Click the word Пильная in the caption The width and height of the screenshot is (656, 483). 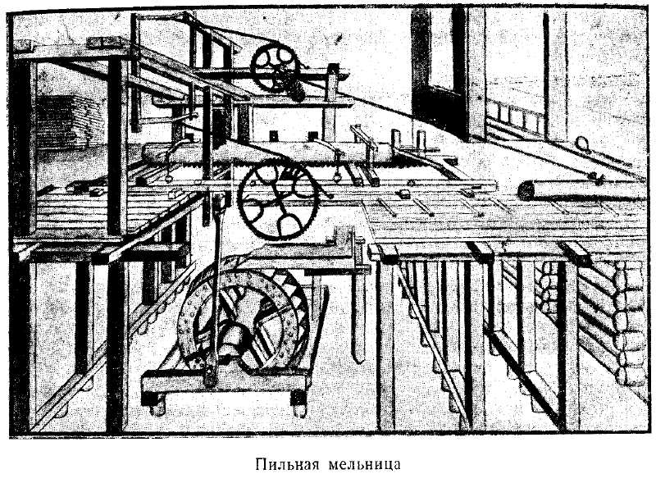tap(287, 465)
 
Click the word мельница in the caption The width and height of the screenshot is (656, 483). tap(364, 465)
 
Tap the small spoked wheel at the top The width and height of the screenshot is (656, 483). tap(275, 68)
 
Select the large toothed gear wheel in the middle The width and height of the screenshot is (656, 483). tap(276, 202)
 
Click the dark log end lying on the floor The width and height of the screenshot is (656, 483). tap(526, 191)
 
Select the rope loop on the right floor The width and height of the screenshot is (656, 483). tap(581, 144)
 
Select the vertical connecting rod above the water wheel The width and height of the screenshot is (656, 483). tap(216, 289)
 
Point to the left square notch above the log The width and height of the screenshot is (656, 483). tap(273, 135)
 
